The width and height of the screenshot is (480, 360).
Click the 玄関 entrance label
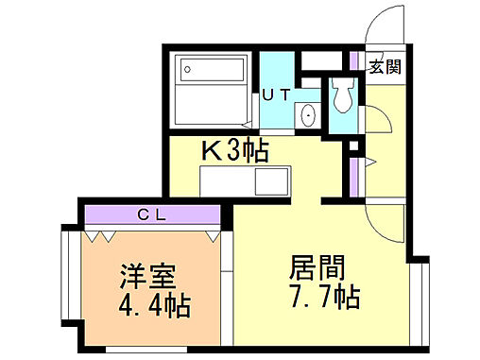click(385, 66)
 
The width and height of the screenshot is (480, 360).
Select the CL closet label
click(153, 214)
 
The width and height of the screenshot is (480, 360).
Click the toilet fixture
click(341, 96)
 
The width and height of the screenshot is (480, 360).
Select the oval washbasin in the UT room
click(309, 115)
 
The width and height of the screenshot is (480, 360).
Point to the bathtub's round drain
click(187, 69)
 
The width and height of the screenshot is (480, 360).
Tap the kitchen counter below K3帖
click(248, 180)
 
